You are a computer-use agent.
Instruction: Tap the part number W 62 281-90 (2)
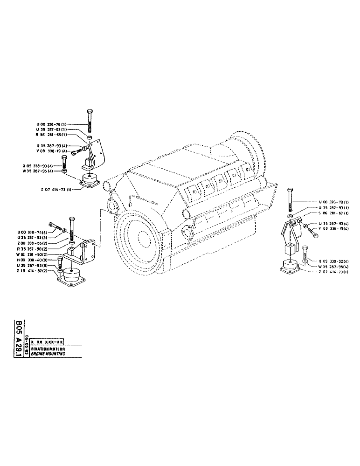tap(31, 255)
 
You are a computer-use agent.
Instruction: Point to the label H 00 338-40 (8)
tap(31, 260)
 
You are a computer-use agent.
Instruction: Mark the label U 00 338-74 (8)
tap(31, 232)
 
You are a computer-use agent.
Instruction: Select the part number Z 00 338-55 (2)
tap(31, 243)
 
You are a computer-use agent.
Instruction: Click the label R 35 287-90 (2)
tap(31, 249)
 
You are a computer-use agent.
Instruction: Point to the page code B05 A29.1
tap(19, 338)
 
